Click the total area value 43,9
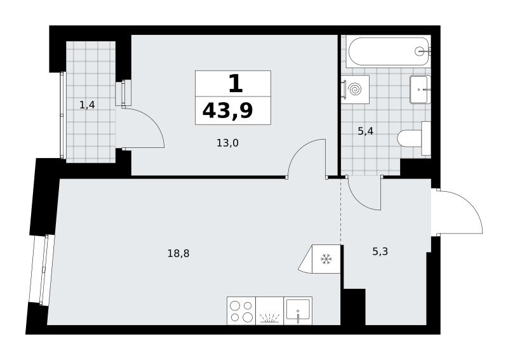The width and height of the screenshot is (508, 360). pyautogui.click(x=227, y=111)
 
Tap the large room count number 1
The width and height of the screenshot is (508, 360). pyautogui.click(x=236, y=83)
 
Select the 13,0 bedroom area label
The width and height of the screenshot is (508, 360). pyautogui.click(x=227, y=143)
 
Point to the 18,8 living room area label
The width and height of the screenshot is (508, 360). pyautogui.click(x=178, y=253)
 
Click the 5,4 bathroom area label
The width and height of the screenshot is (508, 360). pyautogui.click(x=366, y=131)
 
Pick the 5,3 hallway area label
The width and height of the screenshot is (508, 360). pyautogui.click(x=380, y=251)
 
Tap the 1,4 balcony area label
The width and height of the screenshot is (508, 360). pyautogui.click(x=87, y=105)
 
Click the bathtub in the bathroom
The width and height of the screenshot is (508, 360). pyautogui.click(x=388, y=51)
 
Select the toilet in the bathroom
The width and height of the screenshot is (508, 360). pyautogui.click(x=414, y=138)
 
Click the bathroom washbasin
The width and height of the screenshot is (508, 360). pyautogui.click(x=420, y=90)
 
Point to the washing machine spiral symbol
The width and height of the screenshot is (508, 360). pyautogui.click(x=355, y=89)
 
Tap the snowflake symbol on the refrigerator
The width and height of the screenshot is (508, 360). pyautogui.click(x=326, y=259)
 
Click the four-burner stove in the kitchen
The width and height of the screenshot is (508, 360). pyautogui.click(x=241, y=310)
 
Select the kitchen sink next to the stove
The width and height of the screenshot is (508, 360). pyautogui.click(x=298, y=310)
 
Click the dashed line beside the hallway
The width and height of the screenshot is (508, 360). pyautogui.click(x=340, y=211)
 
